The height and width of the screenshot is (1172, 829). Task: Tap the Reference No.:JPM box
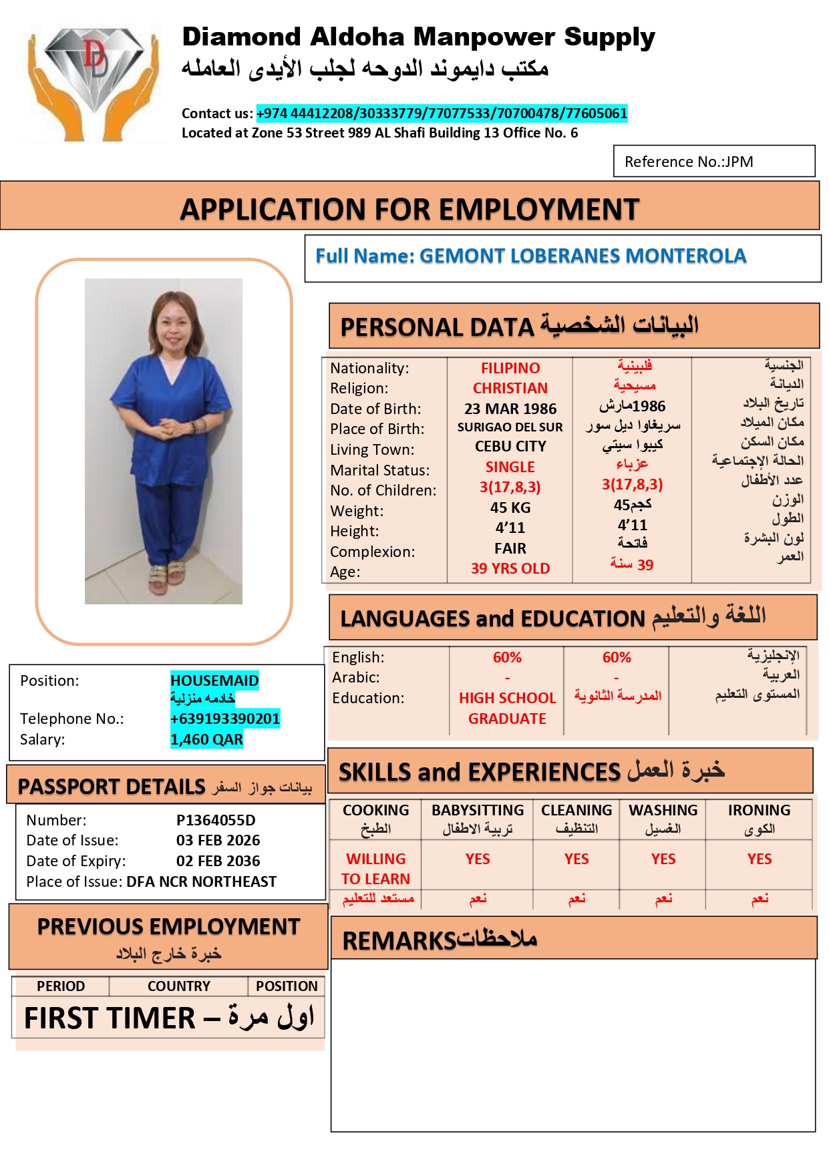click(713, 162)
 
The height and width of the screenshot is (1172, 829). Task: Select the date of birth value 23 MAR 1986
click(510, 409)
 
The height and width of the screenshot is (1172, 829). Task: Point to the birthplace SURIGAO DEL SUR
click(510, 427)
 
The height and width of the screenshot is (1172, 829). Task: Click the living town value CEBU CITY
click(510, 446)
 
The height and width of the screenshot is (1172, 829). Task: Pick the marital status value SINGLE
click(510, 467)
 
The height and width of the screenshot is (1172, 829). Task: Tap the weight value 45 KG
click(510, 508)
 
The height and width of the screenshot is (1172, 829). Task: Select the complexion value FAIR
click(510, 548)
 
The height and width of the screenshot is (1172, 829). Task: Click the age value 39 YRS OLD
click(510, 568)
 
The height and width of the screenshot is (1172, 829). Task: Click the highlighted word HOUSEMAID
click(214, 680)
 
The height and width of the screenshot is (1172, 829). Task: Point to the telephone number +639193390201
click(225, 719)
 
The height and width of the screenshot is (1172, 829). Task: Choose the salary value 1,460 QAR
click(206, 739)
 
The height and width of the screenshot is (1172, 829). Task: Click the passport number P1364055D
click(216, 820)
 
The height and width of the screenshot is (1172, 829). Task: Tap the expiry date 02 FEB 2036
click(218, 861)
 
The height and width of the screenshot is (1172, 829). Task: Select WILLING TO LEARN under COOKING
click(375, 869)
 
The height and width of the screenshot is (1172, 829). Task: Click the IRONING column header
click(759, 810)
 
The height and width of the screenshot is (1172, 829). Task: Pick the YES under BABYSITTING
click(478, 859)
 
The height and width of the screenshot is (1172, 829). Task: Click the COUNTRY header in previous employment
click(178, 986)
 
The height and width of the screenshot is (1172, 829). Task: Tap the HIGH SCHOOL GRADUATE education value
click(507, 708)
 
